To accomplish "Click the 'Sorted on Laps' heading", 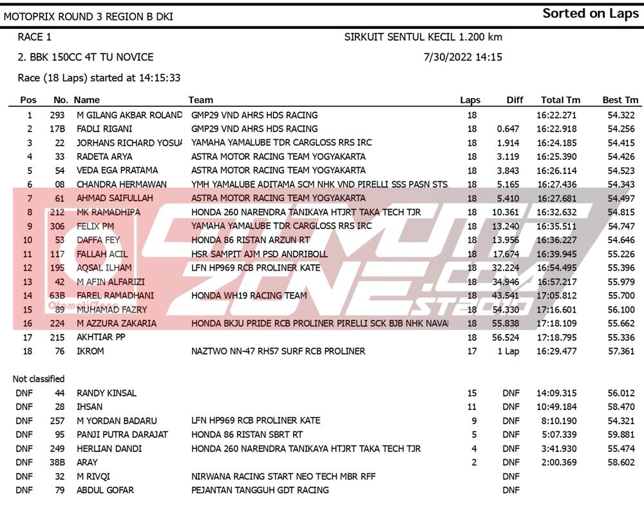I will point(590,14).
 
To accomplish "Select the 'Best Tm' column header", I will point(620,100).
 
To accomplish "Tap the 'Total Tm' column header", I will point(560,100).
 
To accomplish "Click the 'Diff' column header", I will point(515,100).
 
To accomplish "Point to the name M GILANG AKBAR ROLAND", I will point(129,115).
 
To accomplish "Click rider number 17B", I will point(57,129).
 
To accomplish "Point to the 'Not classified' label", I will point(39,379).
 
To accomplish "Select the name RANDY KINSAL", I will point(106,393).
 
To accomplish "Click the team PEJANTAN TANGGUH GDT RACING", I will point(260,491).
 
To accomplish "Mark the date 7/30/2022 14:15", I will point(463,57).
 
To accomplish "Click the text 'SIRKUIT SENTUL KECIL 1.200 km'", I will point(423,37).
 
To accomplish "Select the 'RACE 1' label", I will point(35,37).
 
